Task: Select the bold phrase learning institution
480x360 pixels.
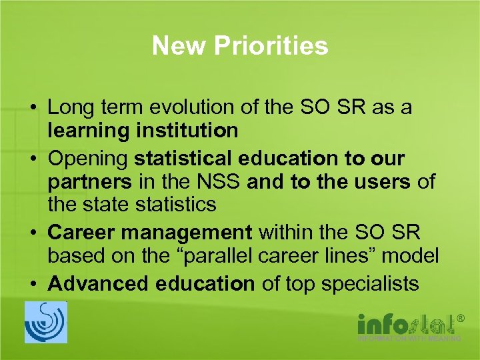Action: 143,131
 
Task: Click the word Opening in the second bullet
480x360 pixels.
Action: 88,159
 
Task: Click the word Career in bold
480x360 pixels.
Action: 81,233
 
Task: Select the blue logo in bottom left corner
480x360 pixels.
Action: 46,322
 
